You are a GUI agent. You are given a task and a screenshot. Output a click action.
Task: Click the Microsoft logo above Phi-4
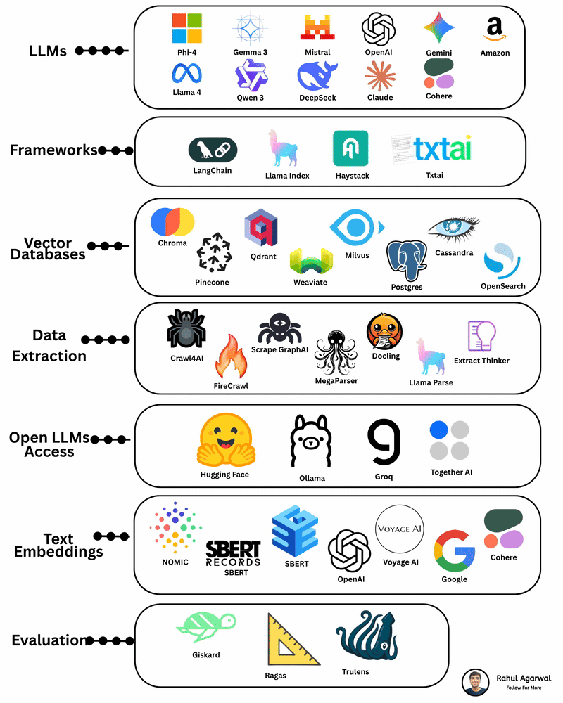click(x=186, y=28)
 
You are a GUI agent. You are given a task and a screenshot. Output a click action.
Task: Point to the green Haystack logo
click(x=350, y=148)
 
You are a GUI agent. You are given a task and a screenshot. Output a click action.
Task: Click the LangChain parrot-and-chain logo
click(x=213, y=149)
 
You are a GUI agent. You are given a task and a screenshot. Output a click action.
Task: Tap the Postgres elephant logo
click(x=407, y=260)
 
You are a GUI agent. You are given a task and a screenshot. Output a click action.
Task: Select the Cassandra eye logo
click(x=453, y=229)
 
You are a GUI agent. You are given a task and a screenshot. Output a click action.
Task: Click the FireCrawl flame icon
click(x=231, y=357)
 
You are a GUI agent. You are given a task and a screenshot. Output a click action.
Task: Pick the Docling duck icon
click(x=384, y=330)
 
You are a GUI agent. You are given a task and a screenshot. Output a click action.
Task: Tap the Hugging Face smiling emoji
click(x=224, y=440)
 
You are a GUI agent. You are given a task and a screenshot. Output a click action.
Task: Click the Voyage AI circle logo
click(x=400, y=529)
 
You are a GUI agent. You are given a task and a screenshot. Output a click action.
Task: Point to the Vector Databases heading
click(x=49, y=248)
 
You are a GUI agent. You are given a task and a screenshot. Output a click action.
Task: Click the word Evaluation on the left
click(x=49, y=640)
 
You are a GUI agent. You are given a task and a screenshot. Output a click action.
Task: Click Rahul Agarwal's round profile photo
click(x=475, y=683)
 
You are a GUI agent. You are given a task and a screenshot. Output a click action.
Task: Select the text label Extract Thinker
click(x=481, y=361)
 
